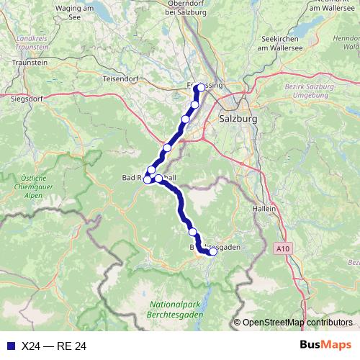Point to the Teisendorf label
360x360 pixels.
(x=122, y=78)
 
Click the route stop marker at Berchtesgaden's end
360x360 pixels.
(x=212, y=251)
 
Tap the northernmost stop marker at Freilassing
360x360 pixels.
(x=199, y=89)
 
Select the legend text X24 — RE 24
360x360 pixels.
(x=54, y=346)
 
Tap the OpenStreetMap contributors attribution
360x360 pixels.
(x=297, y=323)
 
